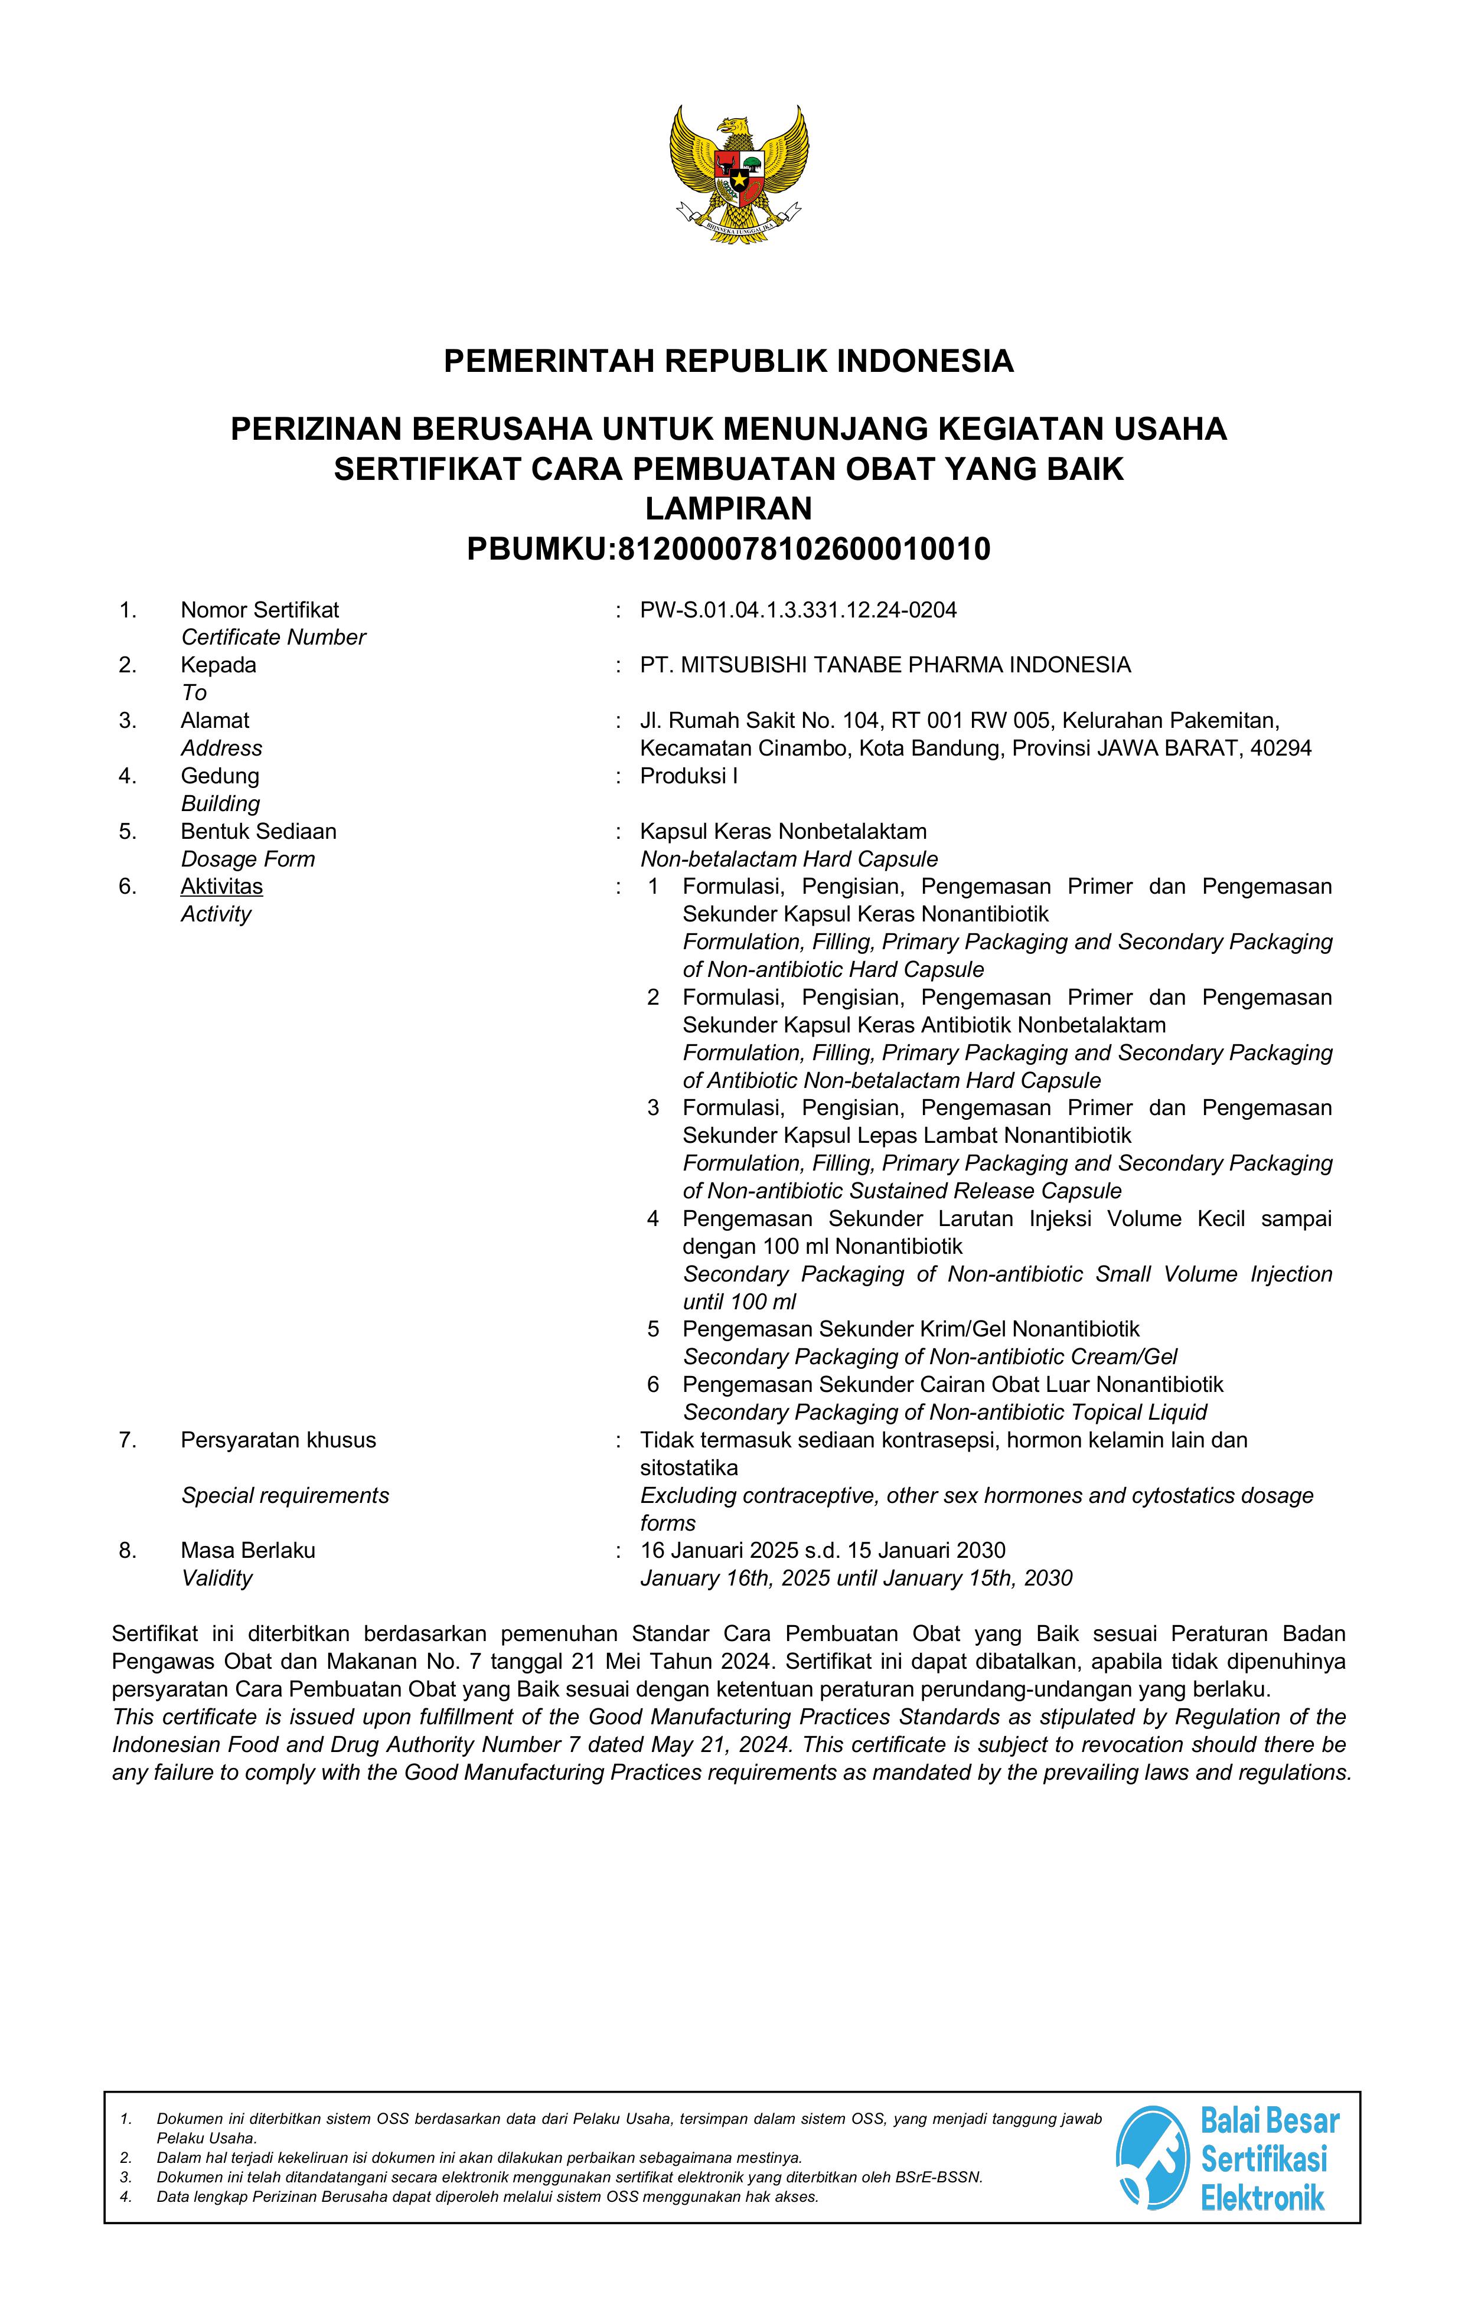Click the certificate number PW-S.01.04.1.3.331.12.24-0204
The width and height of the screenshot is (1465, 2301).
(x=798, y=610)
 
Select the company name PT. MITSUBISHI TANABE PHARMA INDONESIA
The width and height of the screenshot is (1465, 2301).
(x=885, y=665)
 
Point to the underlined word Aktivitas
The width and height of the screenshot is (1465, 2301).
(x=221, y=887)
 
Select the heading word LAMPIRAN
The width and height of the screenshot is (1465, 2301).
(x=728, y=508)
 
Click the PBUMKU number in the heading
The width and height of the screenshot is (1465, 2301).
(x=802, y=550)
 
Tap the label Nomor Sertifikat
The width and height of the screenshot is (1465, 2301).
(x=260, y=610)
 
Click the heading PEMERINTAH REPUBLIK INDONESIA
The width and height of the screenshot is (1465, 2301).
(x=728, y=361)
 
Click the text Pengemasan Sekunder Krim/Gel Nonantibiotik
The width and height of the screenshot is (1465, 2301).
(x=911, y=1329)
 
